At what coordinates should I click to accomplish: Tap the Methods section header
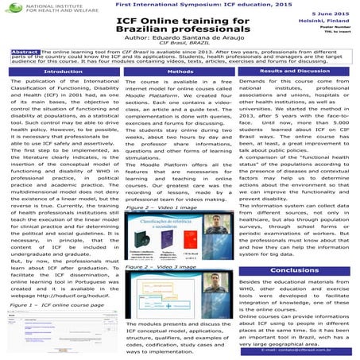(x=180, y=72)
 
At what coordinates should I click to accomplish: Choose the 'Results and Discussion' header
(x=300, y=71)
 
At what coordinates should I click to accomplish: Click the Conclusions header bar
(x=300, y=270)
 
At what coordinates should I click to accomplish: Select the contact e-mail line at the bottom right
(x=300, y=350)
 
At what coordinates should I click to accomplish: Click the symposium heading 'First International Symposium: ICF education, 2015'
(x=180, y=5)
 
